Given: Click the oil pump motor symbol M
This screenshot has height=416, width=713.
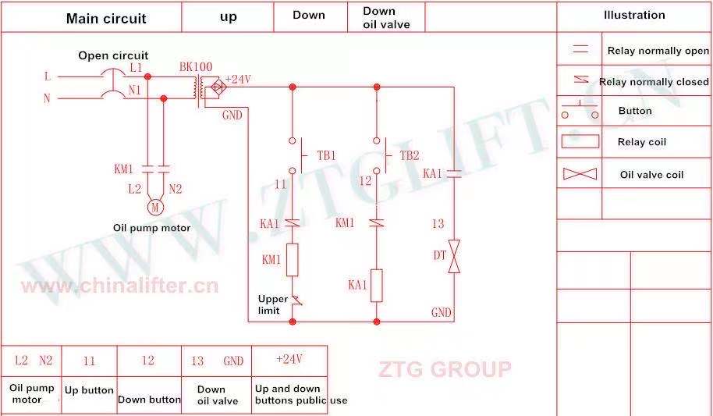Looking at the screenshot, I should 154,208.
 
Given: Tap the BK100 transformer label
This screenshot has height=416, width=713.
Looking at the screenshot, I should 196,67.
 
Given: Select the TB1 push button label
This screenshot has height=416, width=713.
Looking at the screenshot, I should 326,155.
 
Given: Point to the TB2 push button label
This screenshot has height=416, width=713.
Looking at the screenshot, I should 410,155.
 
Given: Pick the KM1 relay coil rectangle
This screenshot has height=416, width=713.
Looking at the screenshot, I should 293,259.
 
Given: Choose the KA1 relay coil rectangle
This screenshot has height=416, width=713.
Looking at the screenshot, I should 376,285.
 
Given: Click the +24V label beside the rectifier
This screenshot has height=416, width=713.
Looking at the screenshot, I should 238,79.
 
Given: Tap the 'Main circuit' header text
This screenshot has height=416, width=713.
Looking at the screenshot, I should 106,19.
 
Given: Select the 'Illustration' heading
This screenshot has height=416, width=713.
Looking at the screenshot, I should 634,15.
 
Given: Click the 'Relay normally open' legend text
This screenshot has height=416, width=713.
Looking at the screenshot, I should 658,51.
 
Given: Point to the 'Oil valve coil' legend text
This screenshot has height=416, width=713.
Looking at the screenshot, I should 651,175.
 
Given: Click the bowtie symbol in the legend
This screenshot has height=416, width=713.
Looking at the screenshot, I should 580,174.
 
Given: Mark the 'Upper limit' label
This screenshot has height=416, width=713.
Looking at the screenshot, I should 273,305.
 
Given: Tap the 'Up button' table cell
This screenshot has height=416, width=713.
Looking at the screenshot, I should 89,390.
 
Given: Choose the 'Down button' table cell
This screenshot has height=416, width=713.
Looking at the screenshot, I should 149,400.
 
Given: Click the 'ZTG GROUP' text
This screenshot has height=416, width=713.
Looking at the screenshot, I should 445,368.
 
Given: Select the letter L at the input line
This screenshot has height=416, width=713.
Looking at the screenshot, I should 48,76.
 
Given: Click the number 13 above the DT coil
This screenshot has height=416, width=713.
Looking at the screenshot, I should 438,224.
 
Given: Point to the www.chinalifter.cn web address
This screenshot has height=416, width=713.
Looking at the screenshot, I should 119,286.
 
